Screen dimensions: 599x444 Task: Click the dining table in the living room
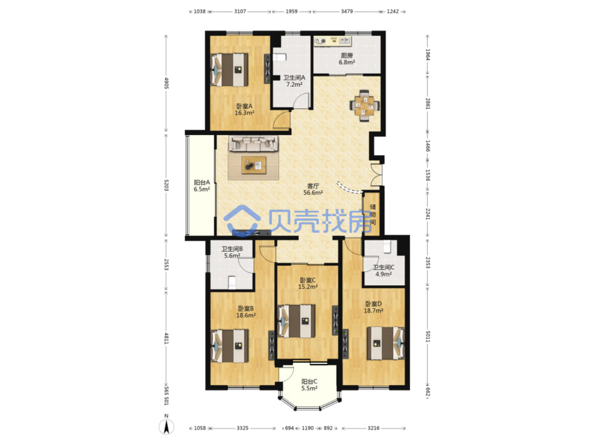click(364, 106)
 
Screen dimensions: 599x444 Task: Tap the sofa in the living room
click(254, 143)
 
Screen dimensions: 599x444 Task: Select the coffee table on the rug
click(254, 165)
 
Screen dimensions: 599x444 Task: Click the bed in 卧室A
click(229, 70)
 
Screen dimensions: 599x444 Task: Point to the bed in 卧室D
click(385, 343)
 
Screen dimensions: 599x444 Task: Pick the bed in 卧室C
click(296, 321)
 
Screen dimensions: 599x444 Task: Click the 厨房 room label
click(347, 55)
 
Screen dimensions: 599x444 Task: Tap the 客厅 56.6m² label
click(313, 189)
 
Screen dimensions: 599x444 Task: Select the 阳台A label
click(202, 182)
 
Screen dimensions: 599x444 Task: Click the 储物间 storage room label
click(373, 215)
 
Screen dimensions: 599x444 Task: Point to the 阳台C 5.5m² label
click(309, 385)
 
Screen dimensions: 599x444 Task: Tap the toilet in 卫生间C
click(387, 246)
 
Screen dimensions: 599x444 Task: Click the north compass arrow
click(166, 427)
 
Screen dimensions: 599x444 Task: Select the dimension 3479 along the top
click(347, 12)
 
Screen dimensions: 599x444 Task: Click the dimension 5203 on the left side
click(166, 185)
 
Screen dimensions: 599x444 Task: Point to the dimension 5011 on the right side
click(428, 336)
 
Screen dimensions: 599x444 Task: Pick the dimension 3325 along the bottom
click(242, 428)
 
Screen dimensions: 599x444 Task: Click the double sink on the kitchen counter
click(345, 41)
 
